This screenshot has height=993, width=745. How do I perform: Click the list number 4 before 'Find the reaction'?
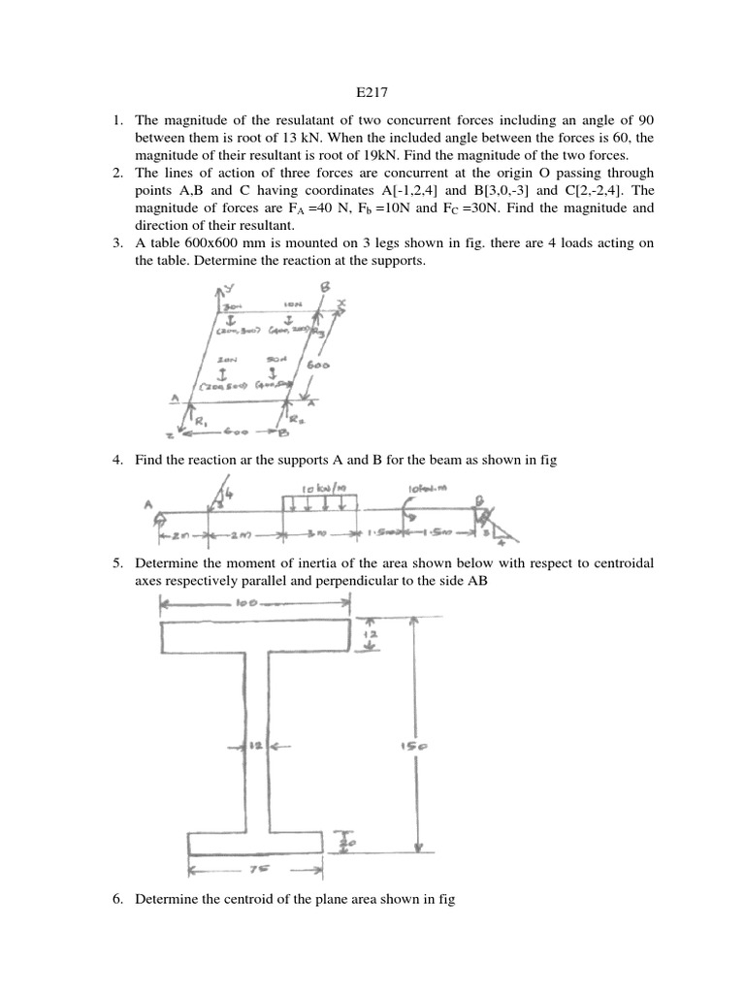117,460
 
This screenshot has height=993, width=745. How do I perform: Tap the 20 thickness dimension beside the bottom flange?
346,845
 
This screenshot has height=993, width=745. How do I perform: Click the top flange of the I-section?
256,637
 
